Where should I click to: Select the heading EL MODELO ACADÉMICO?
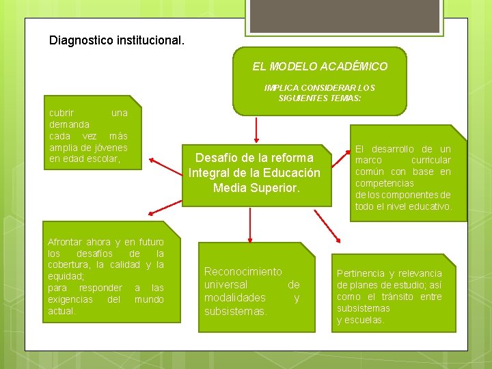tap(320, 66)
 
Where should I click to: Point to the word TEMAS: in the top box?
tap(347, 98)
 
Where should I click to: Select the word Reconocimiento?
tap(243, 271)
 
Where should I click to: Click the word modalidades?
tap(235, 297)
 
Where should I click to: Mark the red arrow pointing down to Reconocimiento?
tap(250, 225)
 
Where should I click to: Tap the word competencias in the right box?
tap(384, 183)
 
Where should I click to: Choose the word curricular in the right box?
tap(430, 160)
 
